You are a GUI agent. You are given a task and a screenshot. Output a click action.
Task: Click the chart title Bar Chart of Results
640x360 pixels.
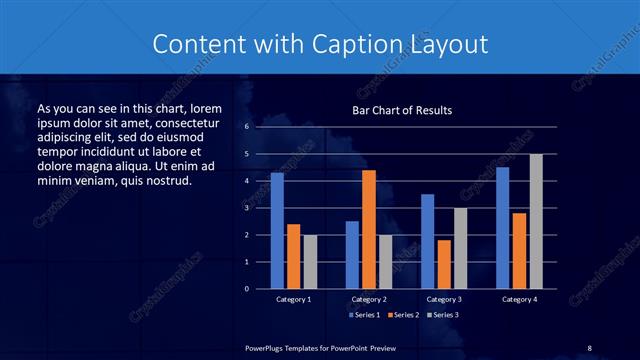(401, 110)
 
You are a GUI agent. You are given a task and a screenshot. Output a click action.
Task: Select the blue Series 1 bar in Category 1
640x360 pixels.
(277, 231)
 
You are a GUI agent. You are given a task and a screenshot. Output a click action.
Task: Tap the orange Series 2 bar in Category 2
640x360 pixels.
(369, 229)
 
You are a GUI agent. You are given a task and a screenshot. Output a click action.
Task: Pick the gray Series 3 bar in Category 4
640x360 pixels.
(536, 221)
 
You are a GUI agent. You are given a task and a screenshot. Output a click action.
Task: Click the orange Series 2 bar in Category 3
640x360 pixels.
(444, 264)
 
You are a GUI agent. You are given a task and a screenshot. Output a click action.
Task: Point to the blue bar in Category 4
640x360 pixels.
(502, 228)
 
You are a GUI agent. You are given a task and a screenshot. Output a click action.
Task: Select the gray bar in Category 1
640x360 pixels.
(309, 261)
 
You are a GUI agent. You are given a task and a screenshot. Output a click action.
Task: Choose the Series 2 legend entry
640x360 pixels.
(403, 315)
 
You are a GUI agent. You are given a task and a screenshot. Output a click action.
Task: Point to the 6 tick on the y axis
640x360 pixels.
(246, 127)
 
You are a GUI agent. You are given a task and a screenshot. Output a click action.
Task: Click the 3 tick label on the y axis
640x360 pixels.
(246, 208)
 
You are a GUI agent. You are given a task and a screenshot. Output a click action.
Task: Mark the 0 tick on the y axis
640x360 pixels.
(246, 289)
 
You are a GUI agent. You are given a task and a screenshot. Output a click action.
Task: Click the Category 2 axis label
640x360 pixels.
(369, 299)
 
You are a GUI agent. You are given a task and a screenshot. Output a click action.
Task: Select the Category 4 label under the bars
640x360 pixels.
(518, 299)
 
